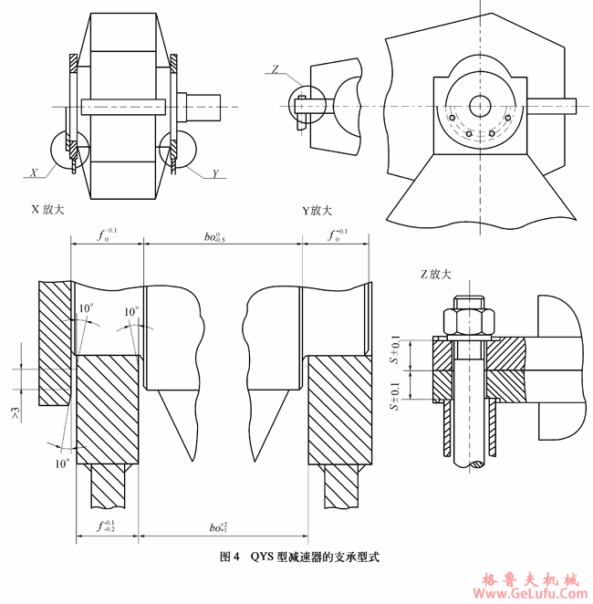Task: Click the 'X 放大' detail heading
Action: click(48, 209)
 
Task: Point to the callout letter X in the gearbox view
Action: click(33, 172)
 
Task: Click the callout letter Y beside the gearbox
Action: click(215, 173)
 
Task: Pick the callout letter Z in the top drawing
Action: click(276, 68)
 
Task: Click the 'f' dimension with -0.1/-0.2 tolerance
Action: click(107, 526)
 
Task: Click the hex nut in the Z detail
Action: click(468, 322)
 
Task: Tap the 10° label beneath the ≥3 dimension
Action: click(61, 463)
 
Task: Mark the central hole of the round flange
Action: click(479, 105)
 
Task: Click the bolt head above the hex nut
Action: click(468, 304)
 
